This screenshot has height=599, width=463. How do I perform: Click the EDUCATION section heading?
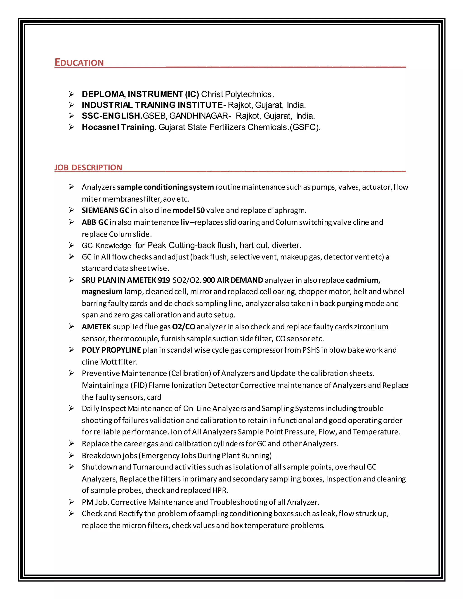tap(79, 63)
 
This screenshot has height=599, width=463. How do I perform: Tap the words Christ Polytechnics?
tap(237, 94)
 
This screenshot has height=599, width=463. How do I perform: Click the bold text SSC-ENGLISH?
tap(112, 116)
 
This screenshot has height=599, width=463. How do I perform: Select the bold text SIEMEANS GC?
tap(105, 210)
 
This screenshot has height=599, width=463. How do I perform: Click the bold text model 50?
tap(189, 210)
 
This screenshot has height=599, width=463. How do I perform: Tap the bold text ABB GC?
tap(95, 222)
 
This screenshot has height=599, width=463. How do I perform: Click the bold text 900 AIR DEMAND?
tap(233, 280)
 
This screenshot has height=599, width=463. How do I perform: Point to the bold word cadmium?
tap(363, 280)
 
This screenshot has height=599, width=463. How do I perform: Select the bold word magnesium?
tap(102, 292)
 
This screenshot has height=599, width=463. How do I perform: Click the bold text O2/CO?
tap(184, 327)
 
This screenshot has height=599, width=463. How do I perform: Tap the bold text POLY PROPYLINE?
tap(111, 350)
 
